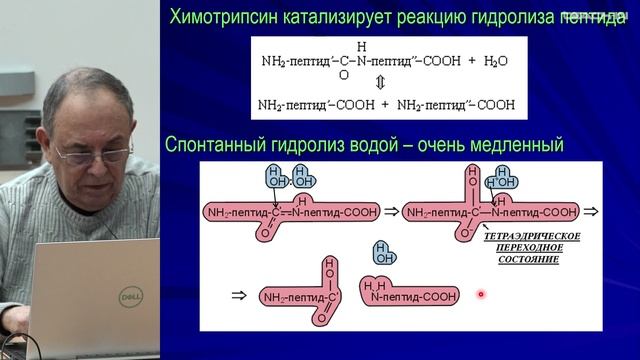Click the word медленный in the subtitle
518,146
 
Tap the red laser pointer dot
481,294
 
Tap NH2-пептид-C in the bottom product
297,297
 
